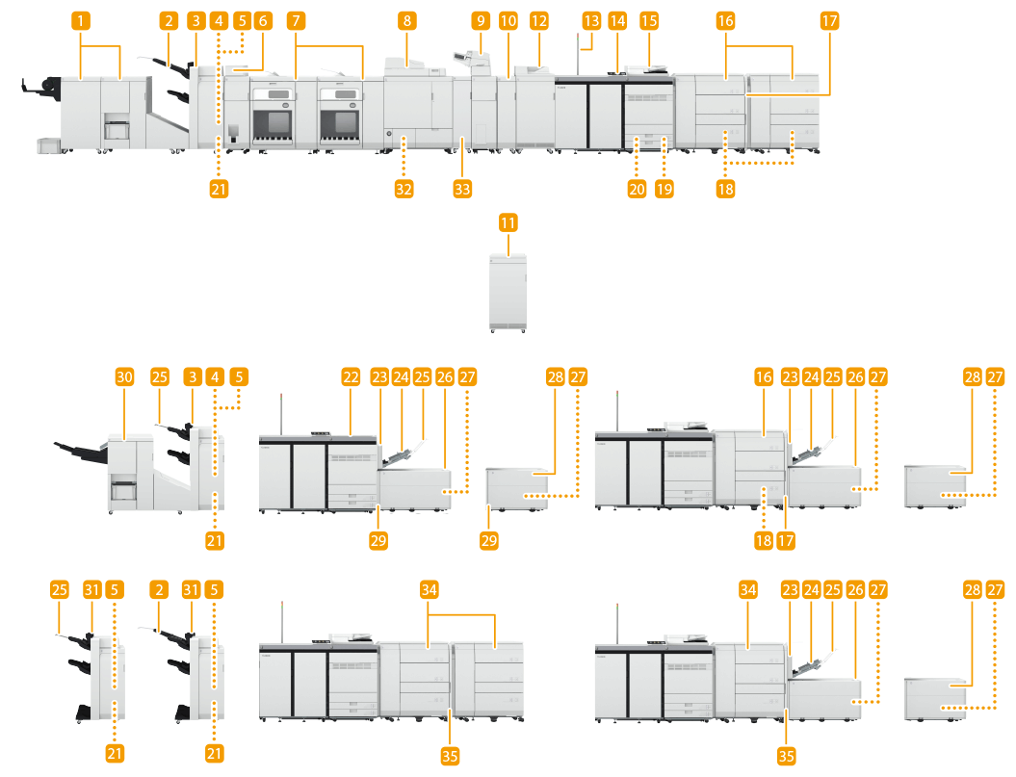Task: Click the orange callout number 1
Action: pyautogui.click(x=85, y=19)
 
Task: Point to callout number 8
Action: pyautogui.click(x=408, y=19)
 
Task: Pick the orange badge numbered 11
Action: pyautogui.click(x=508, y=222)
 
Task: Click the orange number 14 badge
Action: pyautogui.click(x=617, y=19)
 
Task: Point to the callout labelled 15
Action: pyautogui.click(x=650, y=19)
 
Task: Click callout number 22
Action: pyautogui.click(x=351, y=378)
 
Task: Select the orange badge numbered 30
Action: pyautogui.click(x=124, y=378)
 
